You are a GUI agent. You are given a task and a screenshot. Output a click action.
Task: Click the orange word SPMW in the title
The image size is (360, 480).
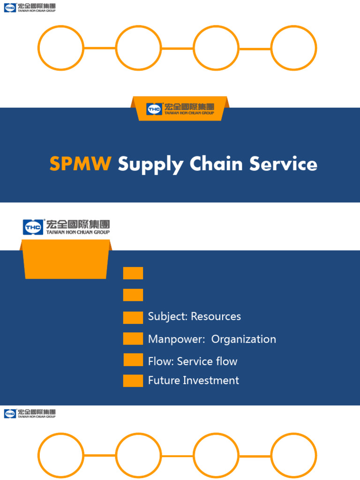[80, 164]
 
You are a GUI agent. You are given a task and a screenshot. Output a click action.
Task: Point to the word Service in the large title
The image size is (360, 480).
[283, 164]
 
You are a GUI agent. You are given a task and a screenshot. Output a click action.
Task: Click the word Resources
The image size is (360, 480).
[216, 316]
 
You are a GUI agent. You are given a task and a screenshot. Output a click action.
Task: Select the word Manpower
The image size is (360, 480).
[176, 339]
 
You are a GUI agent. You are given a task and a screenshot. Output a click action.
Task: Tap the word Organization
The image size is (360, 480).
[244, 339]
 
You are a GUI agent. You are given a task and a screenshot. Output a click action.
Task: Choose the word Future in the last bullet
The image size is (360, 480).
[164, 380]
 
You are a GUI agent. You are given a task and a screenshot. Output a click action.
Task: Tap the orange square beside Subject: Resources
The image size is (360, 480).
[133, 317]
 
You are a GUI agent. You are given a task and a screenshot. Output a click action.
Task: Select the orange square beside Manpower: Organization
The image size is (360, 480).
[133, 338]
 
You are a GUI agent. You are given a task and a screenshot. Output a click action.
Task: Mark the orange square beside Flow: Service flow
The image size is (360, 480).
[133, 360]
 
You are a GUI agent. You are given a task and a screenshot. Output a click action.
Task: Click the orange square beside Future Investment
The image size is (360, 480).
[133, 381]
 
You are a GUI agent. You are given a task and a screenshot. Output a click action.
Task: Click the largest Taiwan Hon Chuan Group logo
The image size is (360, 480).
[66, 227]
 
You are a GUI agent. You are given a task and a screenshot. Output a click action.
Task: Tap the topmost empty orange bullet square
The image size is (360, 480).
[133, 273]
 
